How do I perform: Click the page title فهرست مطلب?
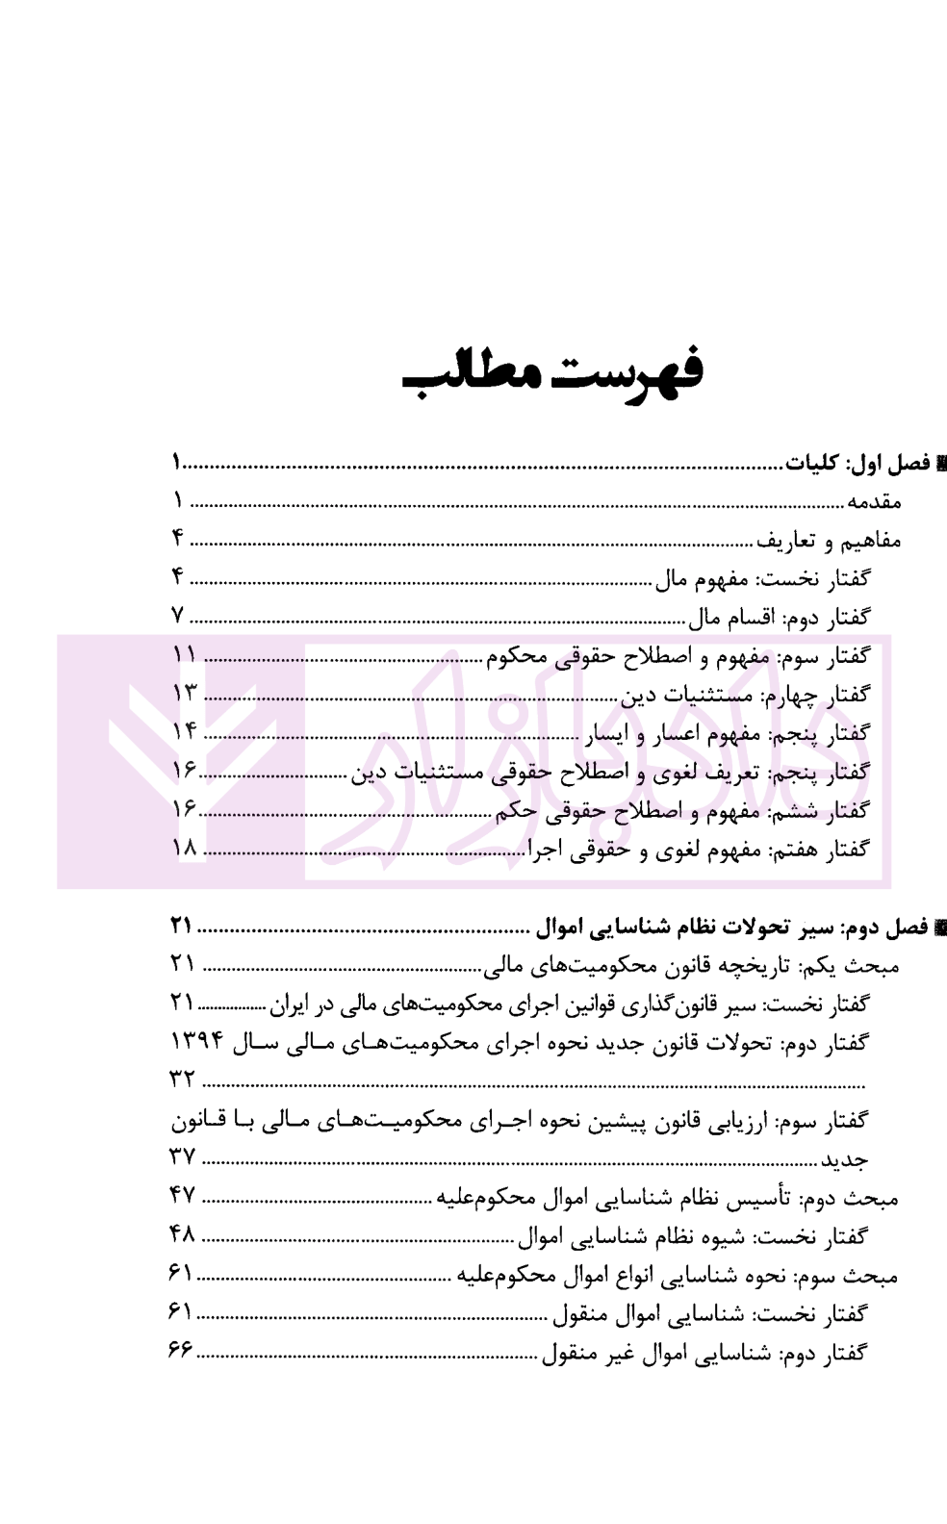click(x=552, y=373)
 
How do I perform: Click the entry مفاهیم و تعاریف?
click(x=830, y=540)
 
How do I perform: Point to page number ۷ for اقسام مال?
click(x=177, y=616)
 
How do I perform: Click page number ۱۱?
click(x=184, y=655)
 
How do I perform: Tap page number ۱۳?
click(x=184, y=694)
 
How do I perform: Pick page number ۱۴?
click(x=184, y=732)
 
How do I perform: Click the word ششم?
click(x=789, y=812)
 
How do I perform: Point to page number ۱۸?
click(x=184, y=849)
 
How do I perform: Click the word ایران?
click(x=294, y=1005)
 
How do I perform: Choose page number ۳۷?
click(x=183, y=1157)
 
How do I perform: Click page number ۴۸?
click(x=183, y=1234)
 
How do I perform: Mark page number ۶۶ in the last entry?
click(x=181, y=1352)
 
